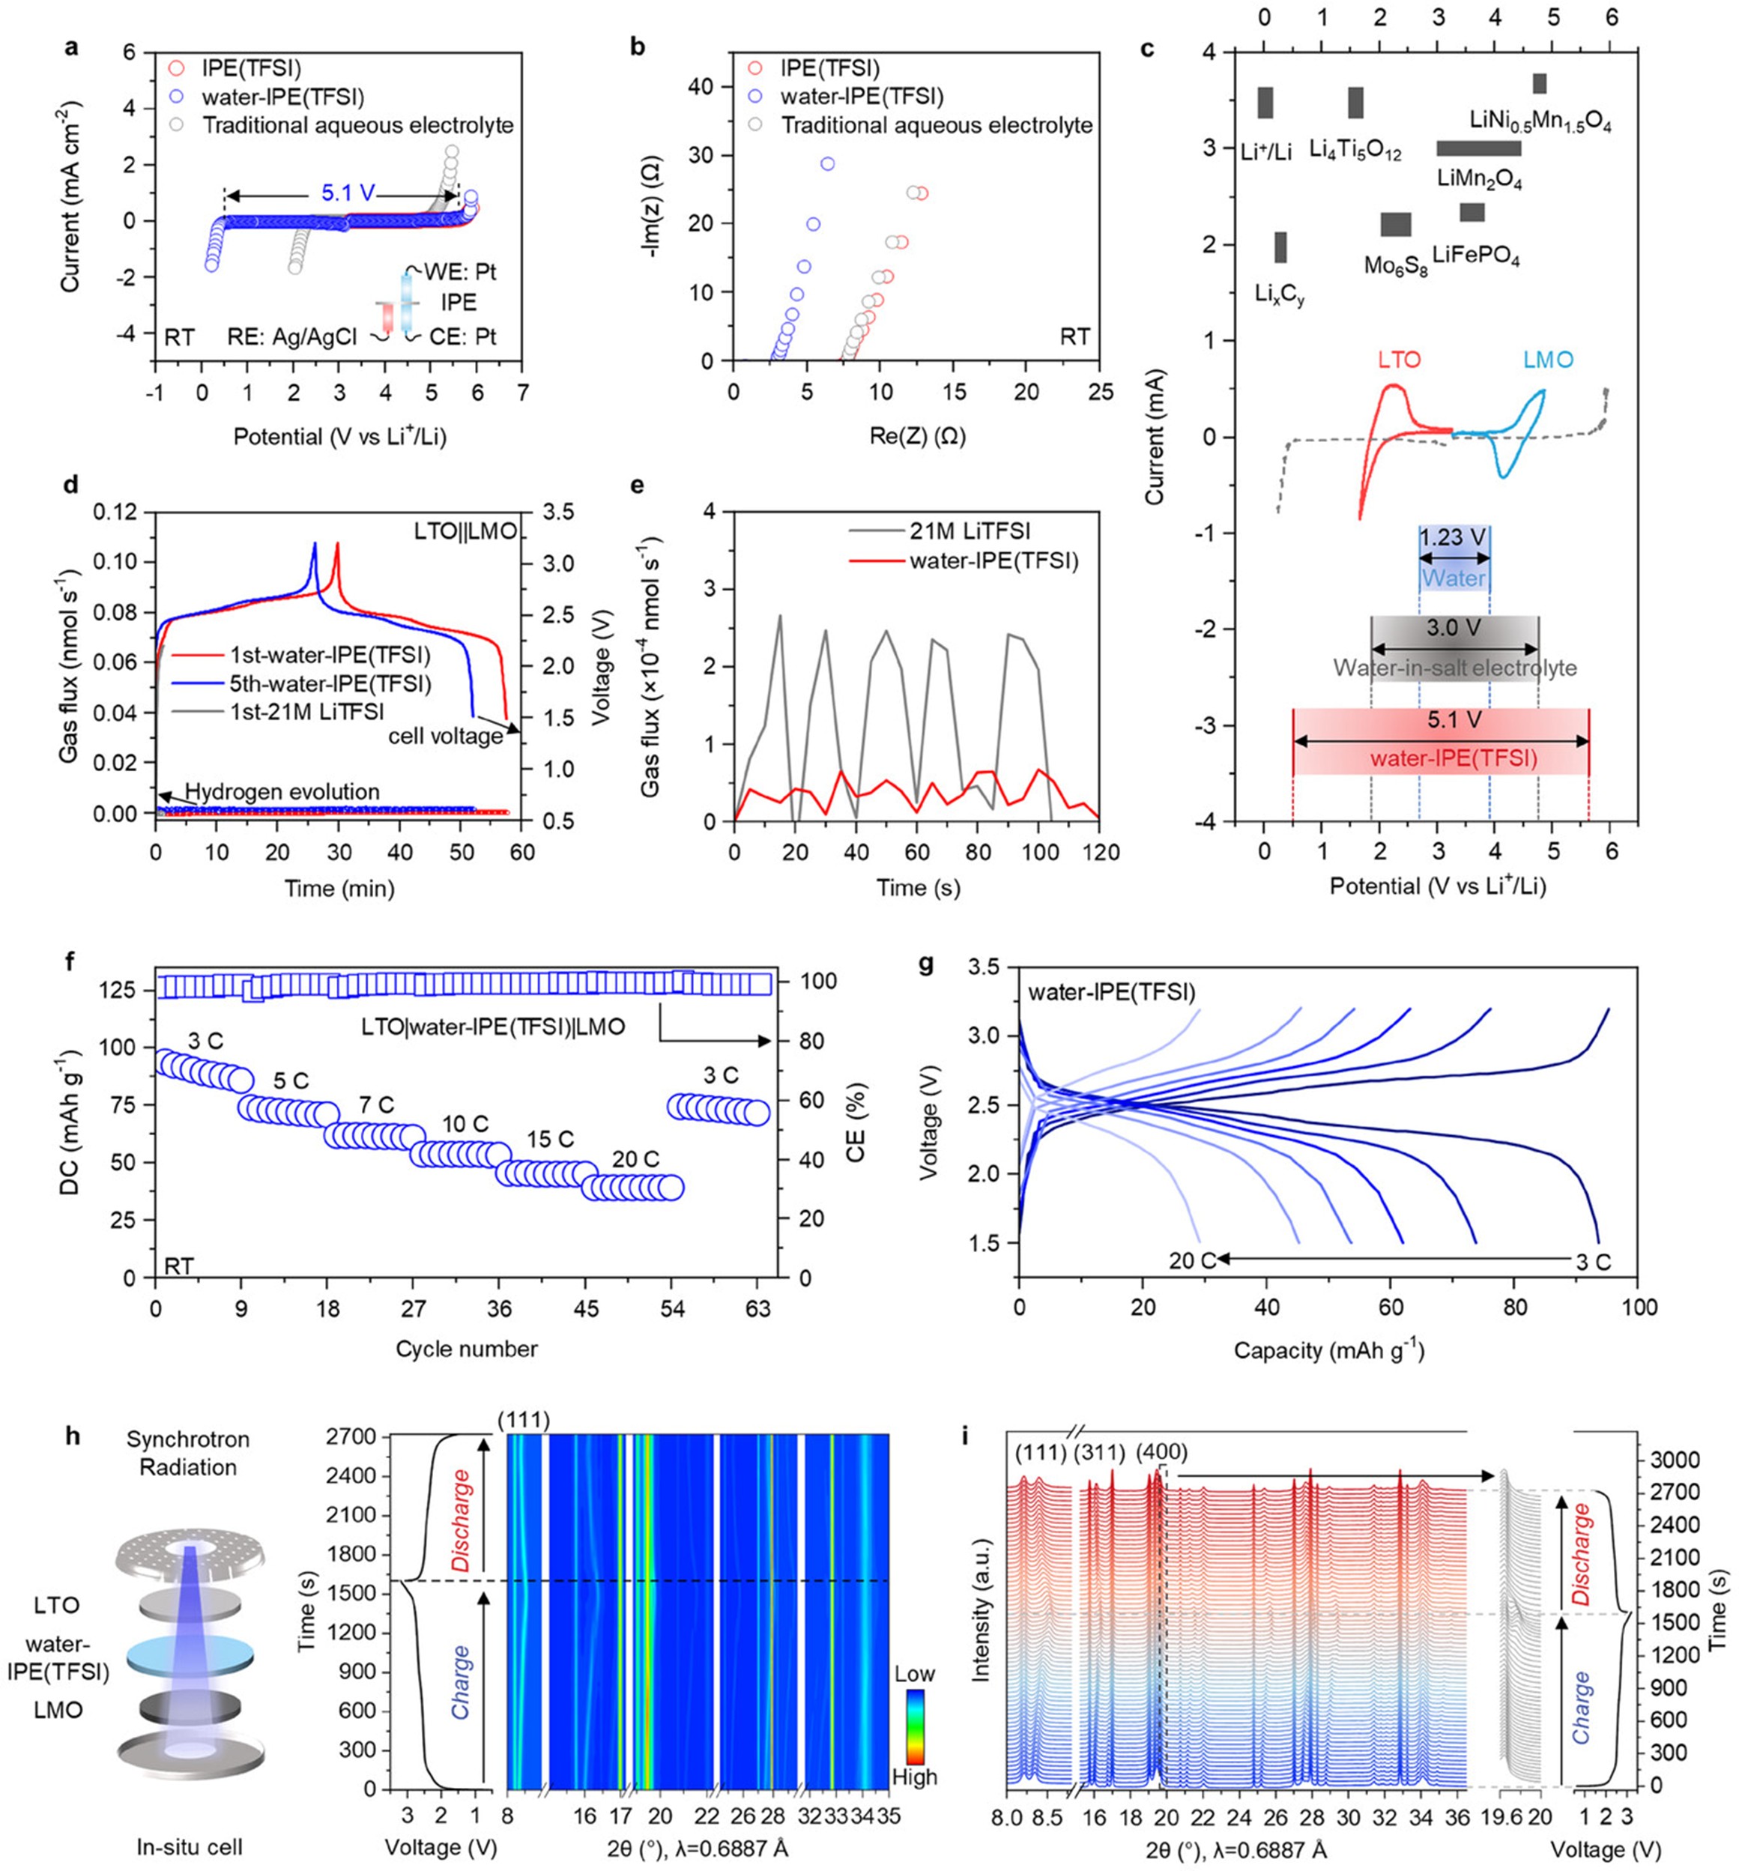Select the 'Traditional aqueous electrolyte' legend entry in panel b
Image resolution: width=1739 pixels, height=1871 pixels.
[x=937, y=125]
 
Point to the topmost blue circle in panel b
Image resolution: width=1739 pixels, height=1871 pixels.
[x=827, y=164]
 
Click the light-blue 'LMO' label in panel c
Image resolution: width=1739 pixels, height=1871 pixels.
[x=1548, y=360]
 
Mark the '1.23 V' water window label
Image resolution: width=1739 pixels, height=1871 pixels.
[x=1454, y=537]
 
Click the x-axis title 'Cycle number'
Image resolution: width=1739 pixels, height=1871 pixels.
[x=466, y=1349]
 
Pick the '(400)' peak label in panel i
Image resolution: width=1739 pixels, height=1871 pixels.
[x=1162, y=1452]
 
